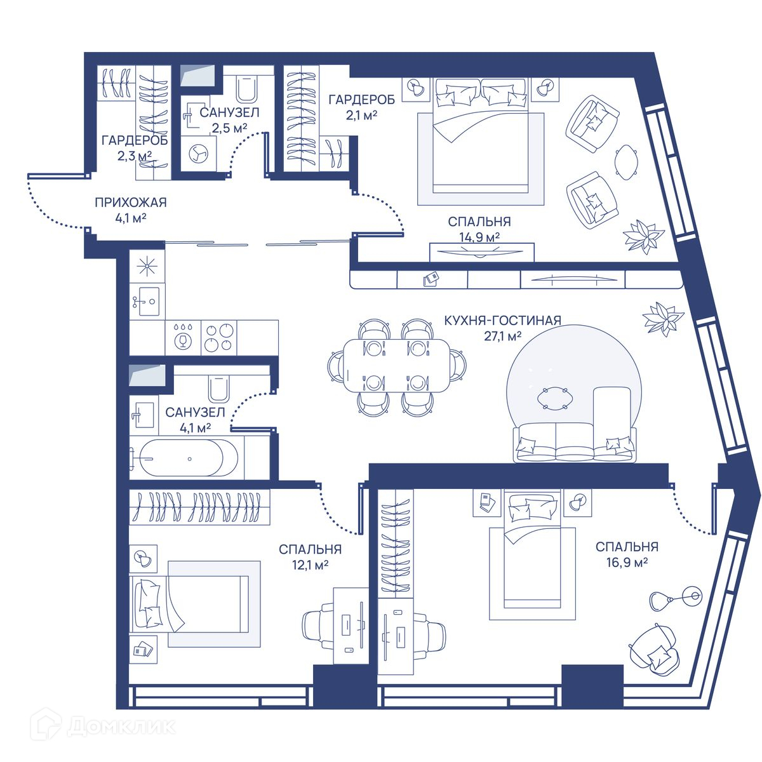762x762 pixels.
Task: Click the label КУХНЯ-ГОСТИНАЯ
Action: [x=502, y=320]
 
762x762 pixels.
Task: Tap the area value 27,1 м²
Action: [x=502, y=337]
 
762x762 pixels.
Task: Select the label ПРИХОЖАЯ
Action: [x=131, y=203]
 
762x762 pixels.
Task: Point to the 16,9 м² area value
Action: [x=627, y=563]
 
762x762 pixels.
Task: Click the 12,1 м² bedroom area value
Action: [x=310, y=565]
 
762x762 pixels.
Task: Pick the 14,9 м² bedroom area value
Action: [x=479, y=237]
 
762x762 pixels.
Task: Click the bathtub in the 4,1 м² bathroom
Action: [x=189, y=458]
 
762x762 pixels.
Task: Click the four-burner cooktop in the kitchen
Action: [x=218, y=337]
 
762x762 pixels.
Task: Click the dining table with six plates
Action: [x=397, y=365]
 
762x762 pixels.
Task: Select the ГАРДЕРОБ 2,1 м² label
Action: [x=362, y=107]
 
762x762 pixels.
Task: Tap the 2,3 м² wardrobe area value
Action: [x=135, y=156]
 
